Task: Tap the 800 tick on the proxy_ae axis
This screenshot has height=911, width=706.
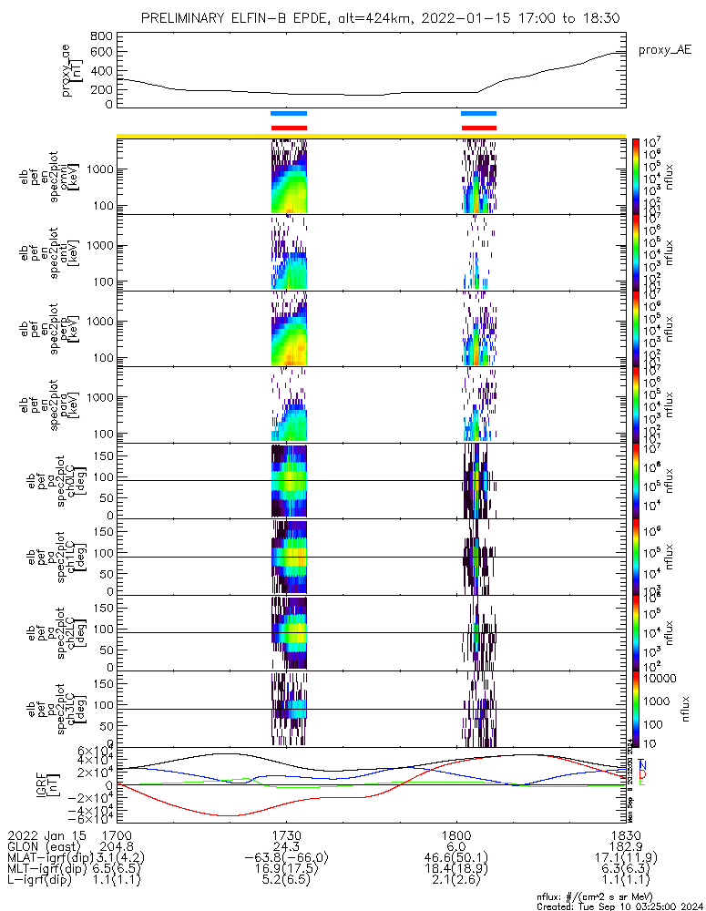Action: (x=101, y=36)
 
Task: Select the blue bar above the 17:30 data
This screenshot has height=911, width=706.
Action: (x=290, y=113)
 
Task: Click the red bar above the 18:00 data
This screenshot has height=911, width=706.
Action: (x=479, y=128)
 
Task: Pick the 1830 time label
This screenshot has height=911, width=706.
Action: (x=625, y=835)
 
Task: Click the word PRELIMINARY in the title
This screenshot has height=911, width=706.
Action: (x=185, y=18)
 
